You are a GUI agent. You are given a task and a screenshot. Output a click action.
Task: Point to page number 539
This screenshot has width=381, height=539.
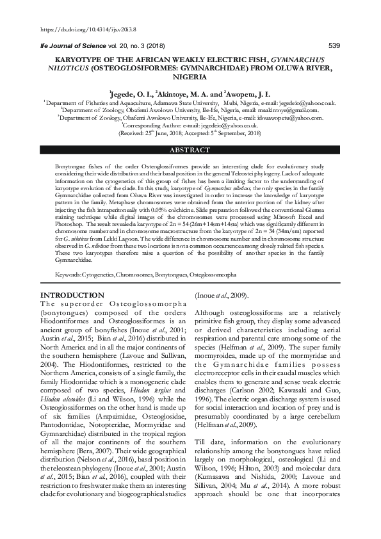point(334,45)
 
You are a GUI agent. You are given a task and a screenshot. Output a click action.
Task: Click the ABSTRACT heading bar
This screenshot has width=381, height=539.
point(190,150)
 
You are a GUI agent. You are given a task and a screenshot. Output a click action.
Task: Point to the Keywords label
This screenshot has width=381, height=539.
point(68,274)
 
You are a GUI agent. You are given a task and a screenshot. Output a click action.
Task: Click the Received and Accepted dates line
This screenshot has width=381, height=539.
point(190,133)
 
